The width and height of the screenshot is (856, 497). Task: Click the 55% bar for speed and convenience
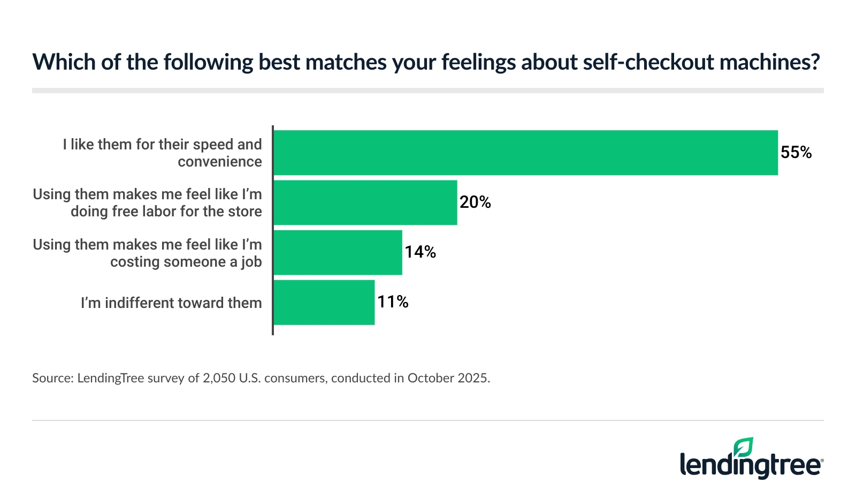coord(525,153)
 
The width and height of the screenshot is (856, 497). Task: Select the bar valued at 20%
coord(365,202)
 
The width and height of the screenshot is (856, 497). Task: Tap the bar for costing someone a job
coord(338,252)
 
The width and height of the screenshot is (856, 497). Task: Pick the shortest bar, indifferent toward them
coord(324,302)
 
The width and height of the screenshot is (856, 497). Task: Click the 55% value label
coord(796,153)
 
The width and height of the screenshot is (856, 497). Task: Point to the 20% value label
coord(475,202)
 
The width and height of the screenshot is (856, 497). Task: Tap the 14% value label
coord(420,252)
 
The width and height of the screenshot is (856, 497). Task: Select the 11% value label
coord(393,302)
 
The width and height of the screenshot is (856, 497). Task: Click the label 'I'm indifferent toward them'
coord(171,303)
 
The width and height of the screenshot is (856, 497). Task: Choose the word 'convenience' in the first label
coord(220,162)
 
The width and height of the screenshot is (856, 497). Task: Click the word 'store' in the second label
coord(246,212)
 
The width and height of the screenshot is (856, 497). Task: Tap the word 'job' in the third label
coord(251,262)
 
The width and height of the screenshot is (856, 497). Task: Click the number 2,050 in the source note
coord(219,378)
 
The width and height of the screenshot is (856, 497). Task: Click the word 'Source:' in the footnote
coord(53,378)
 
